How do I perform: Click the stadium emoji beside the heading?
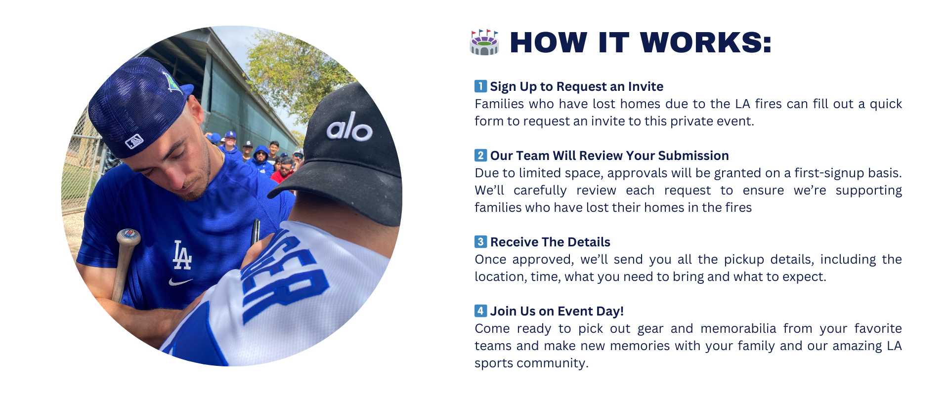tap(484, 42)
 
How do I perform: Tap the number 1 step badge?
tap(480, 86)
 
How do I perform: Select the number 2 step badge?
tap(480, 156)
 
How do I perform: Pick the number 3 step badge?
tap(480, 242)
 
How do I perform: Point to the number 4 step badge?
tap(480, 311)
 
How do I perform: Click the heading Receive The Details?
tap(550, 242)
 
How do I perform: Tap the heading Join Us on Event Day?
tap(557, 311)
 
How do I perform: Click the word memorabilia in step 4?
tap(738, 328)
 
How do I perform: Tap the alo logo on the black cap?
tap(349, 127)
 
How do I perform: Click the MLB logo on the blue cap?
tap(134, 142)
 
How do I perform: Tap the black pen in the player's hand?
tap(255, 232)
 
